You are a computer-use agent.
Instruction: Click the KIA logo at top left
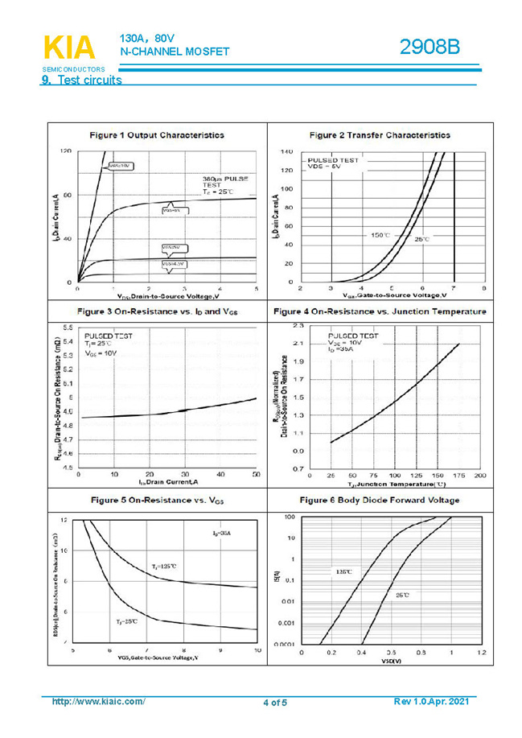click(x=69, y=49)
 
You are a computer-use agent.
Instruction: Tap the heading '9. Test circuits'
click(x=81, y=80)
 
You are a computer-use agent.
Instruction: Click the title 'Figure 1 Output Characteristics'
click(x=157, y=135)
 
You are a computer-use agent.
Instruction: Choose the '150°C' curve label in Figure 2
click(x=380, y=235)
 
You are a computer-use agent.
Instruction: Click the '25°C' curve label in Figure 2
click(x=422, y=239)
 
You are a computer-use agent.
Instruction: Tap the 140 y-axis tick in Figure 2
click(x=286, y=151)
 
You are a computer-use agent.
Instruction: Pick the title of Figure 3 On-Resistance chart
click(x=158, y=311)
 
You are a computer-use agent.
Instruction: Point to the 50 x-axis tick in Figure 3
click(x=256, y=475)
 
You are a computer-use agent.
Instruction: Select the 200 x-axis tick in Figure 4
click(x=480, y=476)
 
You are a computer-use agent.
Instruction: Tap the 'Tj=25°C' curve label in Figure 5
click(x=126, y=621)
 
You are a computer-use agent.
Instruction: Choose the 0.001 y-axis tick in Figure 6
click(x=285, y=623)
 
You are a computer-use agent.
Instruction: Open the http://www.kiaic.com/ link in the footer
click(x=98, y=702)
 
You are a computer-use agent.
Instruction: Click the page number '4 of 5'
click(x=274, y=703)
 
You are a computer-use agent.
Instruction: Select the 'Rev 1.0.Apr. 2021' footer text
click(x=431, y=702)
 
